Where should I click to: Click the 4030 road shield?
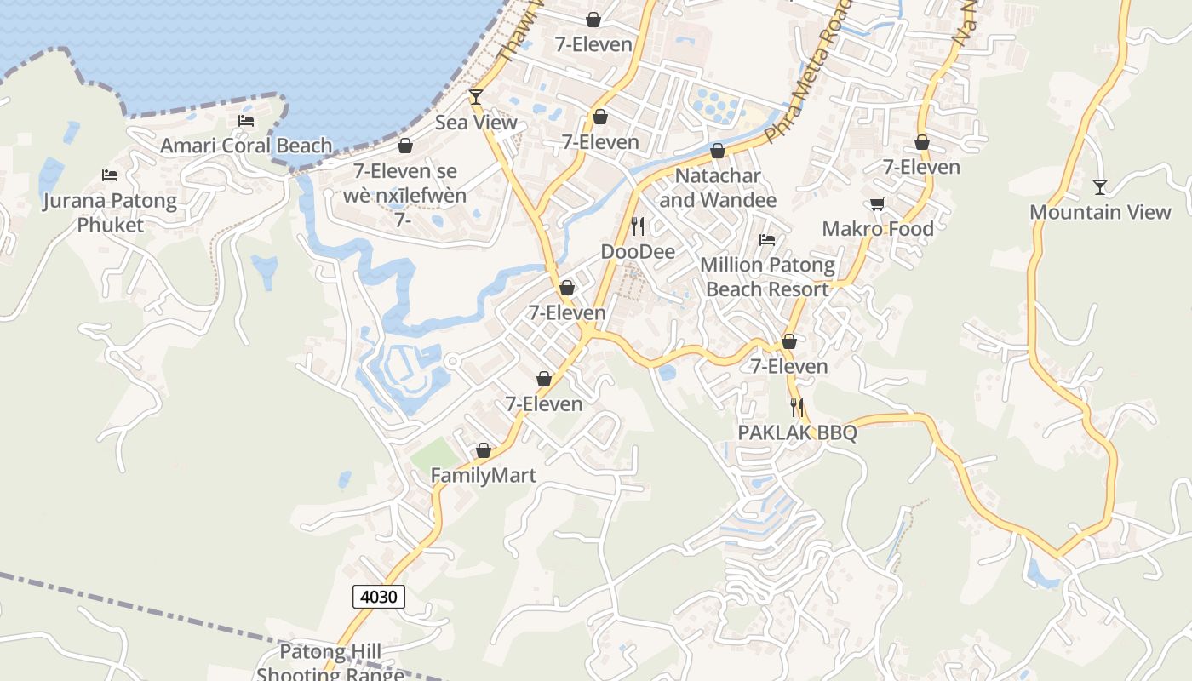coord(379,597)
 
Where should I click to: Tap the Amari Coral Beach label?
coord(246,146)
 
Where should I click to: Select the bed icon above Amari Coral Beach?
coord(246,121)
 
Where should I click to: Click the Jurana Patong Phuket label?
coord(111,213)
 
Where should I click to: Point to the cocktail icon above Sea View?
coord(476,97)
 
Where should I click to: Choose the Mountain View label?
coord(1100,212)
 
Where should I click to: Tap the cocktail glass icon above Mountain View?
coord(1100,186)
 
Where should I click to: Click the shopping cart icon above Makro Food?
coord(877,204)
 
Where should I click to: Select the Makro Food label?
coord(878,229)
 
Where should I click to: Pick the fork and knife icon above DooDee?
coord(638,226)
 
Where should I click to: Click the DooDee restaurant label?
coord(638,252)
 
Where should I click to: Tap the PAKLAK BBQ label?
coord(797,432)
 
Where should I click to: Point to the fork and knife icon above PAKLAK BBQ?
coord(797,408)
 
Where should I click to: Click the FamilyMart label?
coord(484,475)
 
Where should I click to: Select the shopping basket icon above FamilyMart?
coord(484,450)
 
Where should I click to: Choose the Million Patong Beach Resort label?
coord(767,277)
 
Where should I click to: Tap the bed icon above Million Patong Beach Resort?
coord(767,240)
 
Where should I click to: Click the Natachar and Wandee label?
coord(718,188)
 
